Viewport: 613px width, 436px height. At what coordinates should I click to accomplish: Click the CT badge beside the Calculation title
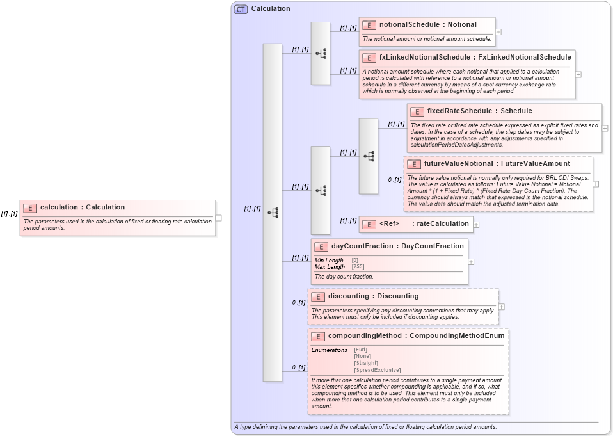tap(241, 9)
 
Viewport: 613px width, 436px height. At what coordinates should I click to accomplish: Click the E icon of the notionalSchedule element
tap(369, 25)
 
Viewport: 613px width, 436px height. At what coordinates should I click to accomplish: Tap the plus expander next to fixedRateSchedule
tap(605, 128)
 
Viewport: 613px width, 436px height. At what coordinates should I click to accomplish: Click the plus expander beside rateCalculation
tap(476, 225)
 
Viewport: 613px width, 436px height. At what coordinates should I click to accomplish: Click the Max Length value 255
tap(358, 266)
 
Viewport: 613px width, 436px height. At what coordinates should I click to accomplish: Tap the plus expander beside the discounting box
tap(501, 307)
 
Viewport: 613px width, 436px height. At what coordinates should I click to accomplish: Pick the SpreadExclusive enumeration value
tap(378, 370)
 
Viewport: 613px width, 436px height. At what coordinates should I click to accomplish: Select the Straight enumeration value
tap(365, 363)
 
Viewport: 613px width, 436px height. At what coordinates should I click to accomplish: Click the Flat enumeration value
tap(361, 350)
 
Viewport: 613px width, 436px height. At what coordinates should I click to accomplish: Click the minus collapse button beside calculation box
tap(218, 218)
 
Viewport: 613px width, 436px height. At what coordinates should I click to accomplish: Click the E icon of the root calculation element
tap(30, 207)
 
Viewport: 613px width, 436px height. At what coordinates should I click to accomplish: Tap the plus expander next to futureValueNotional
tap(596, 184)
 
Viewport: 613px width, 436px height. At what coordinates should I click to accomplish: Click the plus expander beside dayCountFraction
tap(471, 261)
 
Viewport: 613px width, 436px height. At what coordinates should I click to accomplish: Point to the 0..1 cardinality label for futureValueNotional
tap(394, 180)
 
